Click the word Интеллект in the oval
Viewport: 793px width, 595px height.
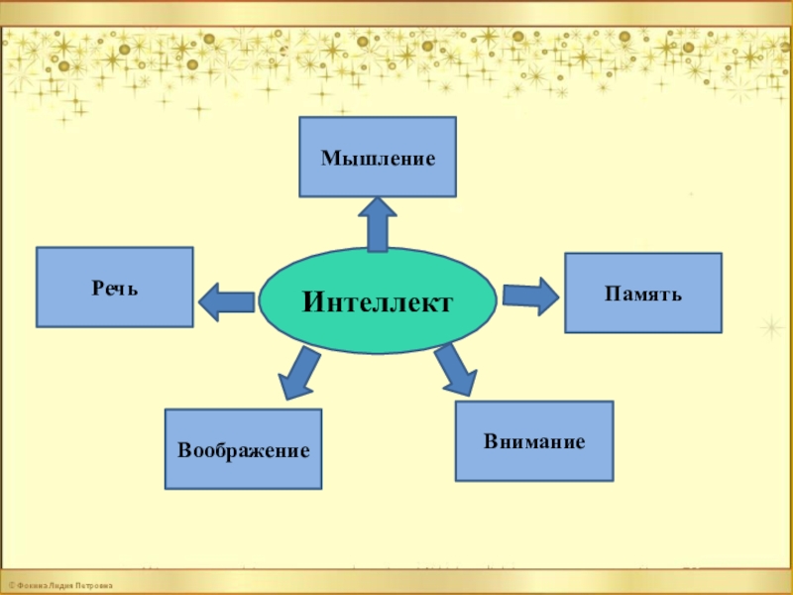click(377, 300)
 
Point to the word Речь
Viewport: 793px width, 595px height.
click(116, 289)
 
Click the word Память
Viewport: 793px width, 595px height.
click(643, 295)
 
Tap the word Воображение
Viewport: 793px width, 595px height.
click(244, 450)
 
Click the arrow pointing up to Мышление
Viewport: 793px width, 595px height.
click(378, 222)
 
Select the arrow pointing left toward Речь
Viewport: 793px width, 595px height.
click(226, 301)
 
